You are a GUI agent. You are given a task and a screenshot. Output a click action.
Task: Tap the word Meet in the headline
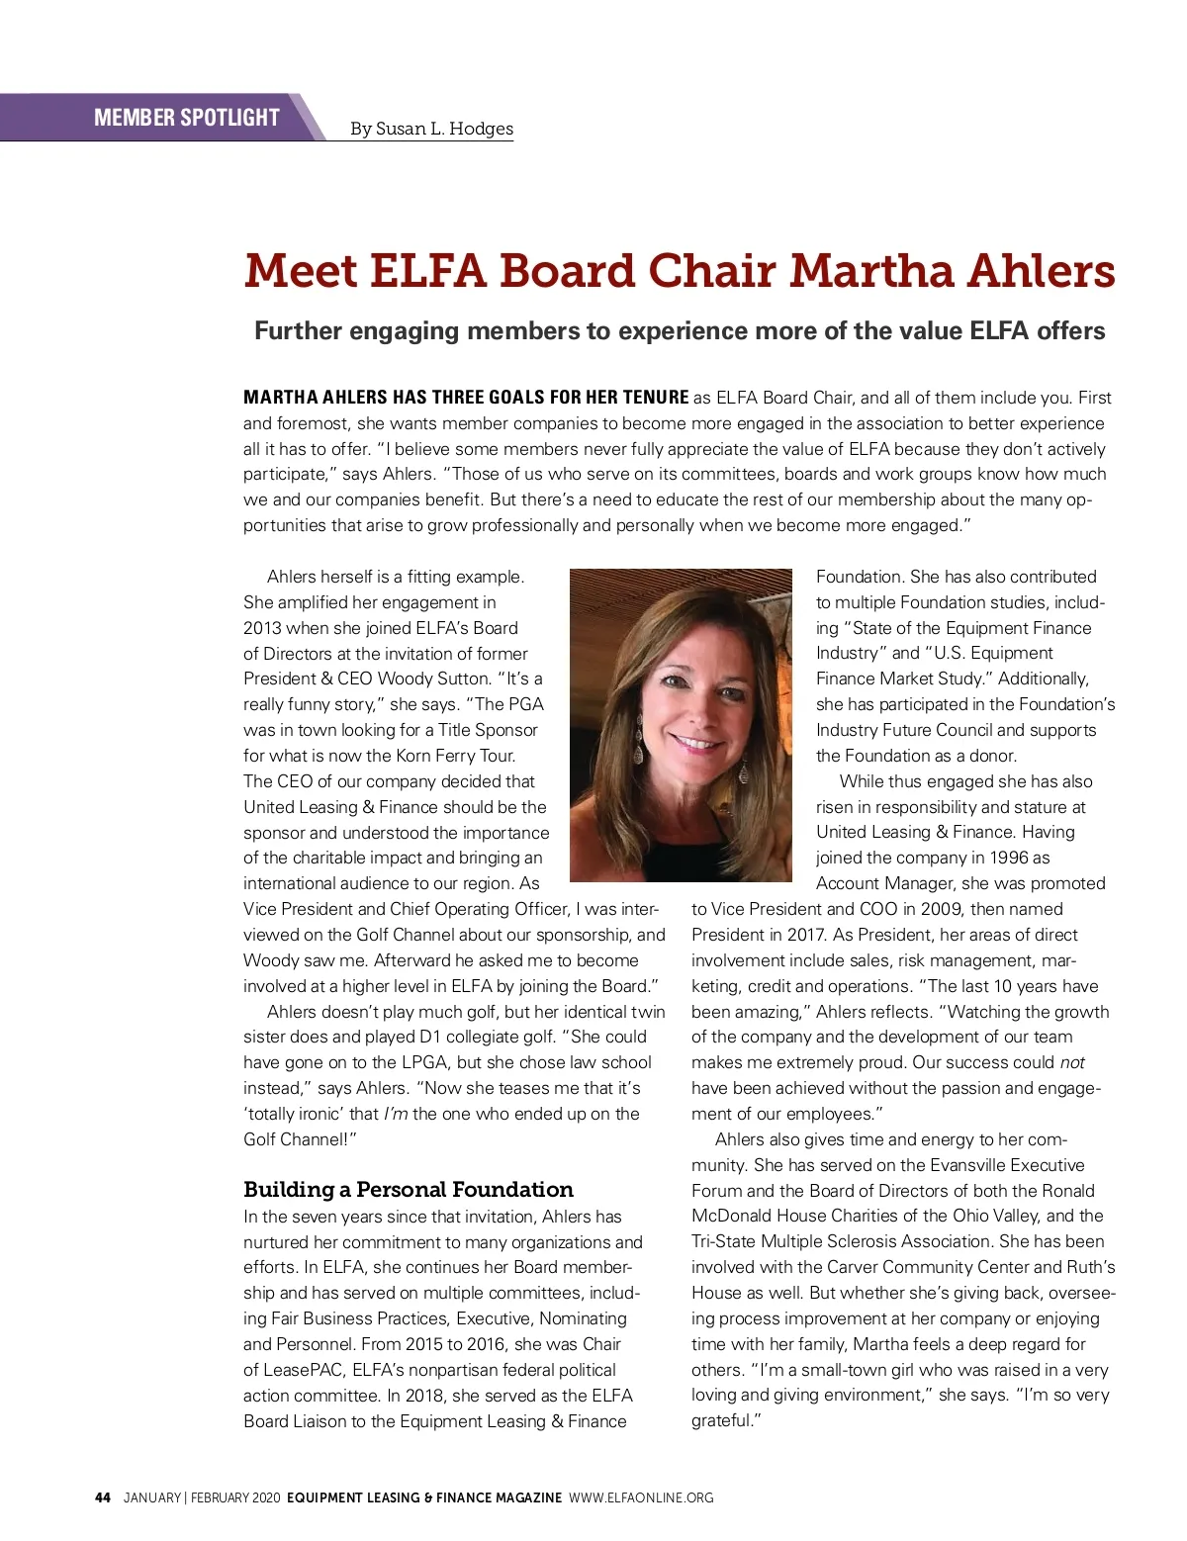pyautogui.click(x=301, y=271)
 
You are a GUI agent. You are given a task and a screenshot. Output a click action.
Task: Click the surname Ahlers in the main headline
pyautogui.click(x=1041, y=271)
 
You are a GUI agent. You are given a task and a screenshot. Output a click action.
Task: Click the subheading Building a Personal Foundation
pyautogui.click(x=408, y=1189)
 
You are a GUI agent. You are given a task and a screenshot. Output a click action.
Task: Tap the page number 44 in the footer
pyautogui.click(x=103, y=1497)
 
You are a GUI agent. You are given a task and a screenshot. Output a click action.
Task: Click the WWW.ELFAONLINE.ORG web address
pyautogui.click(x=641, y=1497)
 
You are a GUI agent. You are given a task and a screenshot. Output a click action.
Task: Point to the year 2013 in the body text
pyautogui.click(x=262, y=628)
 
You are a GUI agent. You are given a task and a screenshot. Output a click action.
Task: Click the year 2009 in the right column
pyautogui.click(x=942, y=909)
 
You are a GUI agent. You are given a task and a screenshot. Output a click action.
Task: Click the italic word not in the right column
pyautogui.click(x=1072, y=1062)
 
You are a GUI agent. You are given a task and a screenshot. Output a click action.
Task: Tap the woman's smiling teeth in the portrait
pyautogui.click(x=698, y=743)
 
